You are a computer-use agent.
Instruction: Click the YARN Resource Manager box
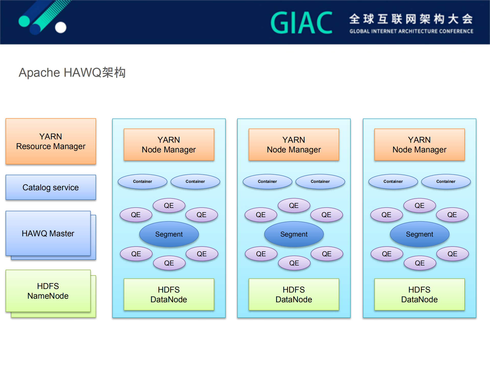(51, 141)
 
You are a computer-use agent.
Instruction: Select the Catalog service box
(51, 187)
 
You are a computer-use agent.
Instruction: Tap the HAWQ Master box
(48, 233)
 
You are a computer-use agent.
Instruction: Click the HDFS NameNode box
(48, 291)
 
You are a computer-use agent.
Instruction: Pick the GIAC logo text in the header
(301, 23)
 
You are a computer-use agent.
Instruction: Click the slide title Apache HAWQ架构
(72, 73)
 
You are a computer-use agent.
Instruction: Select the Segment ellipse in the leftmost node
(169, 234)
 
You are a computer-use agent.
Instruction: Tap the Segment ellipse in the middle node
(294, 234)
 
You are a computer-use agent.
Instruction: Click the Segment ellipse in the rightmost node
(419, 234)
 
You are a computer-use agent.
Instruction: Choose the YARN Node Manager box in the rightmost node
(419, 144)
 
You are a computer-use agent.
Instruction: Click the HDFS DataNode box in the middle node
(294, 294)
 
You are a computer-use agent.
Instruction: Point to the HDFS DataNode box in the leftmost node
(169, 294)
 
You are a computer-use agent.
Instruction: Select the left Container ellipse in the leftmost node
(142, 181)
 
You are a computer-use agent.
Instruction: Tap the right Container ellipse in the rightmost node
(446, 181)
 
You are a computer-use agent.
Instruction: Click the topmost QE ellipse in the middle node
(294, 205)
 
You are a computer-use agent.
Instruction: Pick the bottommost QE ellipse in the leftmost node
(169, 263)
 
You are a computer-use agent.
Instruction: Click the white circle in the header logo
(61, 27)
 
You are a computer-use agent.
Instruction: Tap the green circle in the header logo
(24, 21)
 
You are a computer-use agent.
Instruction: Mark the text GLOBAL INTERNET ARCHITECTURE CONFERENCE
(411, 31)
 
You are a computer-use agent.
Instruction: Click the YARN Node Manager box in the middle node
(294, 144)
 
